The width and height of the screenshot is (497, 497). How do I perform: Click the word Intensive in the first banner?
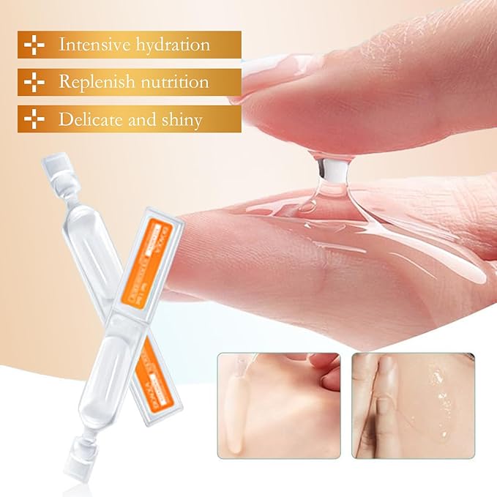point(94,45)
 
